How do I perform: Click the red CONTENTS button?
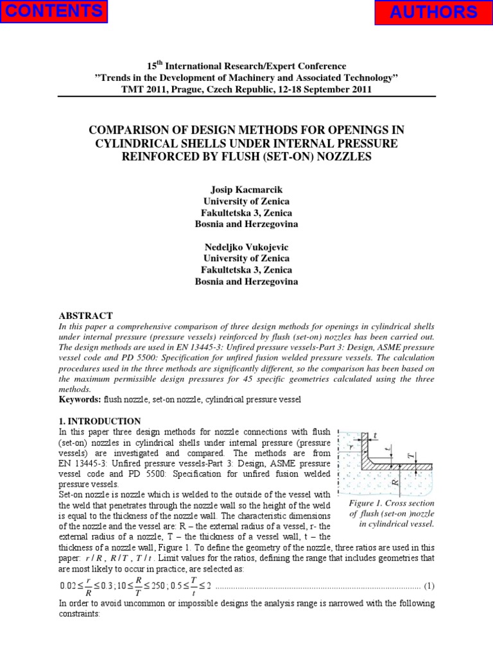click(x=53, y=11)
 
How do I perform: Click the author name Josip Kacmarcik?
click(x=246, y=190)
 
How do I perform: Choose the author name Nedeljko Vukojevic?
click(x=246, y=248)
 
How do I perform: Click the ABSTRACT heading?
click(x=85, y=316)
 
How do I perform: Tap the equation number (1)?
click(x=429, y=586)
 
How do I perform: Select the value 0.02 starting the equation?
click(x=67, y=586)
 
